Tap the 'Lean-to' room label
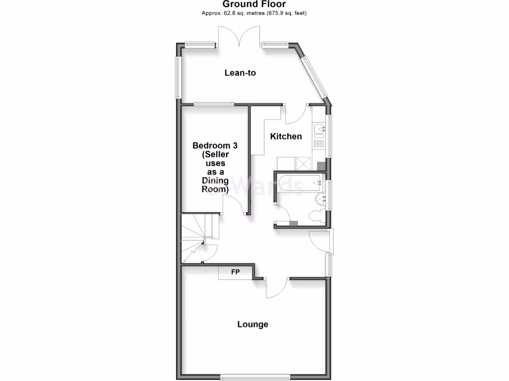coord(240,73)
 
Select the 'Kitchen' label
coord(286,136)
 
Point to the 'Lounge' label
coord(253,324)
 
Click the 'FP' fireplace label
coord(236,272)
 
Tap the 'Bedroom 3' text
coord(215,146)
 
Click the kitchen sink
coord(318,130)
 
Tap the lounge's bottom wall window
coord(255,375)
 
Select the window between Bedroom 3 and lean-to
coord(214,104)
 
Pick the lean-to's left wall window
coord(177,77)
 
